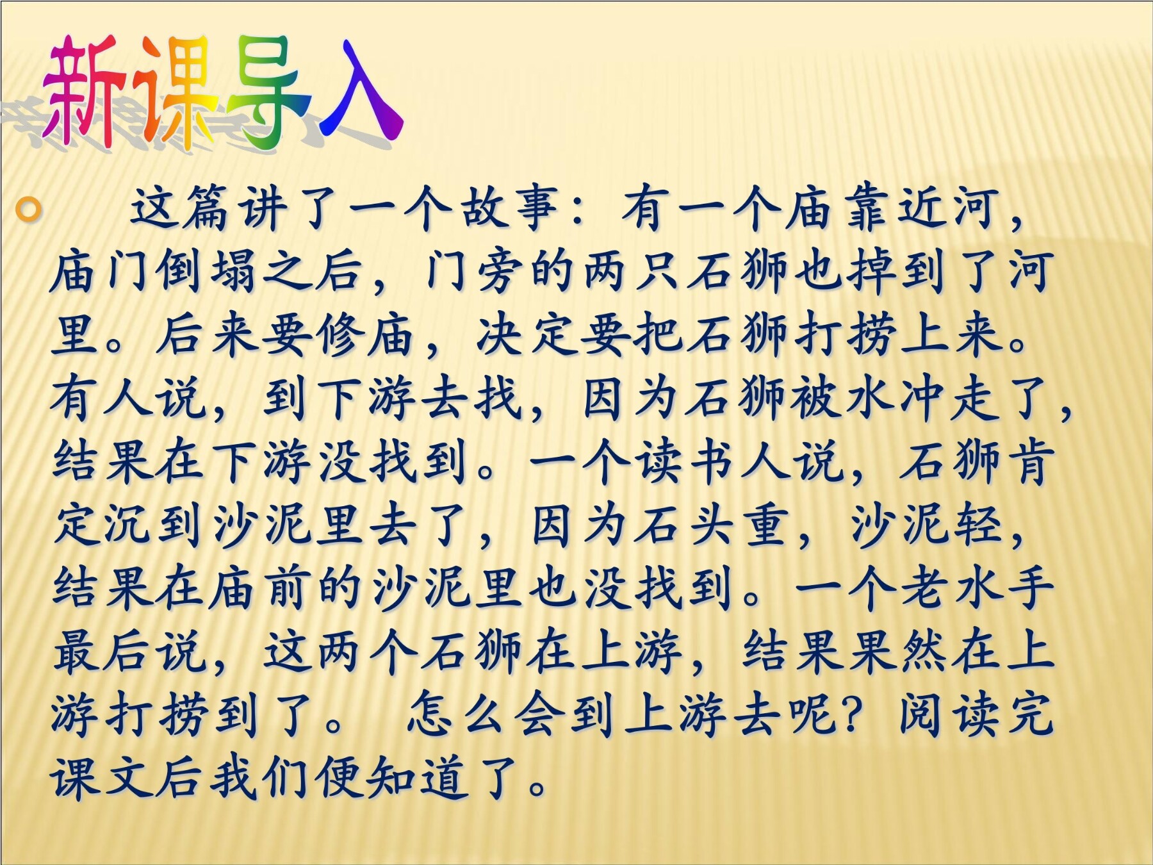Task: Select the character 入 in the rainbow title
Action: pos(359,90)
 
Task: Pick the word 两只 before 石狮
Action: pos(630,272)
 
